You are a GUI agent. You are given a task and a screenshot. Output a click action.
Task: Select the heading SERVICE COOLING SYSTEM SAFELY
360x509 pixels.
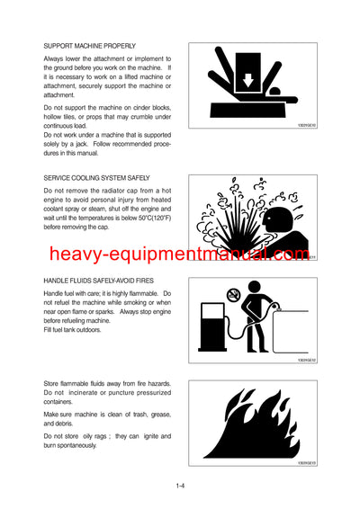pos(96,178)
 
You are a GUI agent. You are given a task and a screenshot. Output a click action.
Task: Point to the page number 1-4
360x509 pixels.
pos(181,487)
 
